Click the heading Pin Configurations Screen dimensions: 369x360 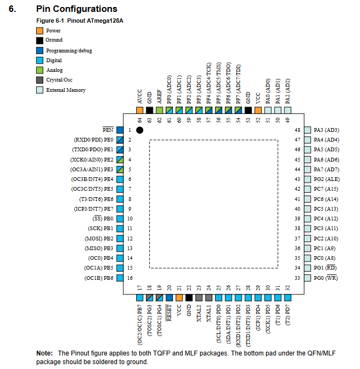(76, 9)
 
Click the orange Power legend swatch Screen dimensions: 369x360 (40, 30)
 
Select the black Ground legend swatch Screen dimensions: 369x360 (40, 40)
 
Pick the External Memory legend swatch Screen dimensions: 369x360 (40, 90)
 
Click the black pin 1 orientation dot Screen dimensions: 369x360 (139, 130)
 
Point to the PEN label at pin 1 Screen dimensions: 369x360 (108, 130)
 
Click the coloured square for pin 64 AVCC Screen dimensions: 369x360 (139, 110)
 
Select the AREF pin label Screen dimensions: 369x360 (159, 97)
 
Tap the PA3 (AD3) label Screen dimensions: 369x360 (326, 130)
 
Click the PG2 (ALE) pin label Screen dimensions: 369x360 (326, 179)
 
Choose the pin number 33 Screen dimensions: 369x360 (297, 278)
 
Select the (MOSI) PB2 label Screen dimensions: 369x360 (99, 238)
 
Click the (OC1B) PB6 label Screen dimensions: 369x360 (98, 278)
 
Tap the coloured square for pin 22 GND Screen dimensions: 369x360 (189, 298)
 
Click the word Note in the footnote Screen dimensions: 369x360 (44, 353)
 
